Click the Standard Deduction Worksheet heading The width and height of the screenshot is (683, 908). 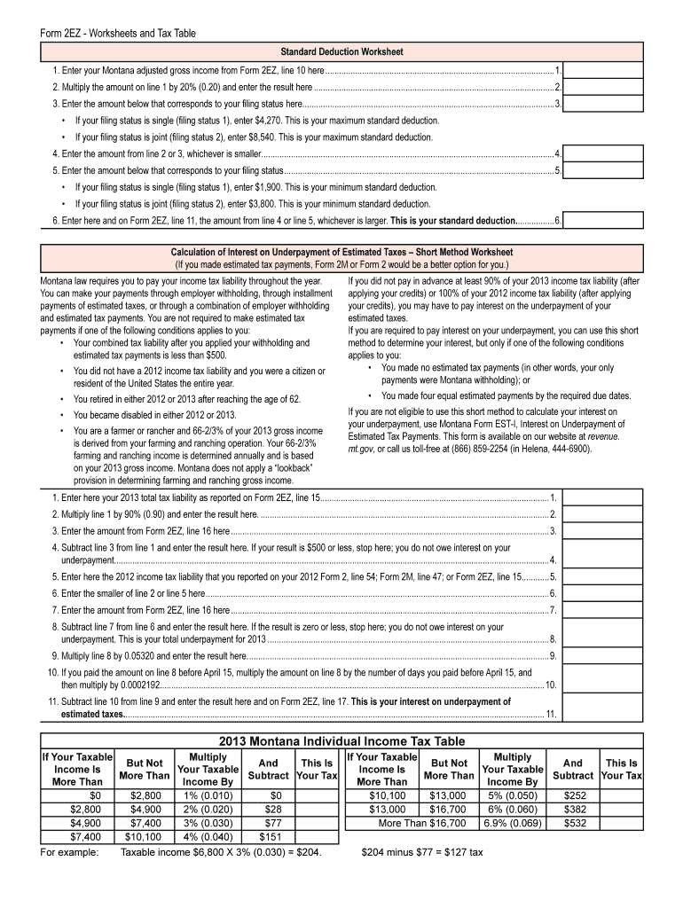coord(341,51)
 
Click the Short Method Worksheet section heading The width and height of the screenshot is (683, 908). coord(341,253)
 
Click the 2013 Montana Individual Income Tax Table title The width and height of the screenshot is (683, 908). coord(341,741)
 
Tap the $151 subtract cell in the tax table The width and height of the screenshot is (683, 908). coord(269,836)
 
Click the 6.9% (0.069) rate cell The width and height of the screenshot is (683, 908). coord(512,823)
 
